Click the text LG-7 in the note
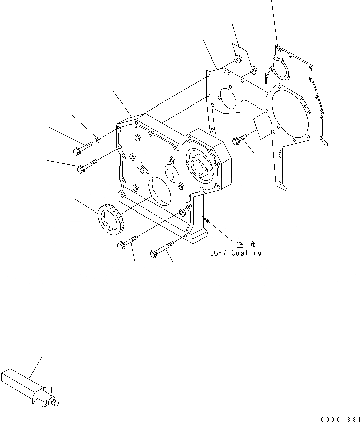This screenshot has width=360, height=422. pos(219,253)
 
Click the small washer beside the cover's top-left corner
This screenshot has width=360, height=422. pos(98,139)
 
